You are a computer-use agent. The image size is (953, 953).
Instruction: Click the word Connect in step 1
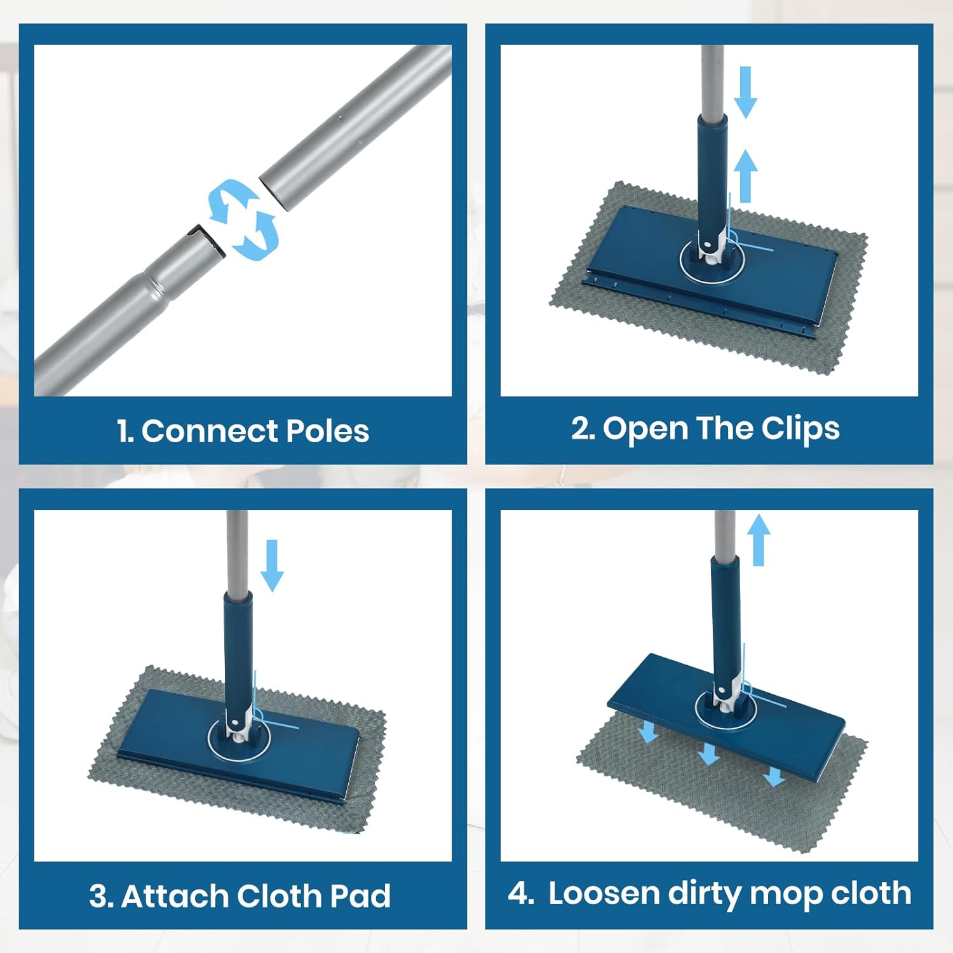(x=210, y=431)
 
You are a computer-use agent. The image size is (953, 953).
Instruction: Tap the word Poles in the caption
(x=327, y=431)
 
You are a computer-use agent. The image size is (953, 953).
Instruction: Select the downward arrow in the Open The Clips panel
(x=745, y=92)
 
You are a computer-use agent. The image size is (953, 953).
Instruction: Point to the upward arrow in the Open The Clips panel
(x=747, y=175)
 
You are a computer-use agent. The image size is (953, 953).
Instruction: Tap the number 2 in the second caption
(x=581, y=429)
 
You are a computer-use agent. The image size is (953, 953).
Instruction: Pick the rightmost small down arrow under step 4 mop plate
(x=774, y=776)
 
